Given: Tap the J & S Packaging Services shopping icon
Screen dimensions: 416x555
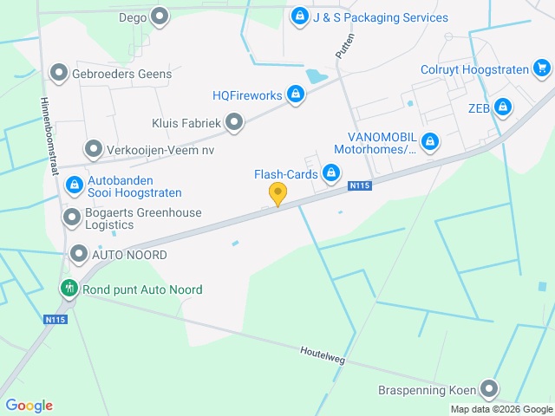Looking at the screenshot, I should coord(299,16).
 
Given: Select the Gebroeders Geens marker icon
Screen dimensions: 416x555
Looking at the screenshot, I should coord(59,73).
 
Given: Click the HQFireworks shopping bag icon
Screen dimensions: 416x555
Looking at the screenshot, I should coord(296,94).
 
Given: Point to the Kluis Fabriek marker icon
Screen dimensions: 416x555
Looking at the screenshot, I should coord(234,123).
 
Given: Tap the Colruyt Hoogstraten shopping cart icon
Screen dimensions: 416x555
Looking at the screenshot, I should coord(542,68).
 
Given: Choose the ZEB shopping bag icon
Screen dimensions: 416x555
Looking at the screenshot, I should coord(503,107).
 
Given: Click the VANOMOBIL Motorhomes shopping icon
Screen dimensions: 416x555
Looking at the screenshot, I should coord(429,141).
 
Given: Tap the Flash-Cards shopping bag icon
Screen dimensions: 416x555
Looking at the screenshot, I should coord(330,174).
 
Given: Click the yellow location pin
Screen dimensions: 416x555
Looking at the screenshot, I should coord(277,193).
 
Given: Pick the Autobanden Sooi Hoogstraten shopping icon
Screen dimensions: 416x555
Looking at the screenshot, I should coord(74,185).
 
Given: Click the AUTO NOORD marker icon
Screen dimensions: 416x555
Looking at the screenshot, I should coord(79,255).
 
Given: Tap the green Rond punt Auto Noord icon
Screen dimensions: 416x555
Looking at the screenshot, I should coord(68,289).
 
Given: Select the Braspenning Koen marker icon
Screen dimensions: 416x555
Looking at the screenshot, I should coord(490,389).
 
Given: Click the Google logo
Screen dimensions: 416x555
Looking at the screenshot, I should coord(29,405).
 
